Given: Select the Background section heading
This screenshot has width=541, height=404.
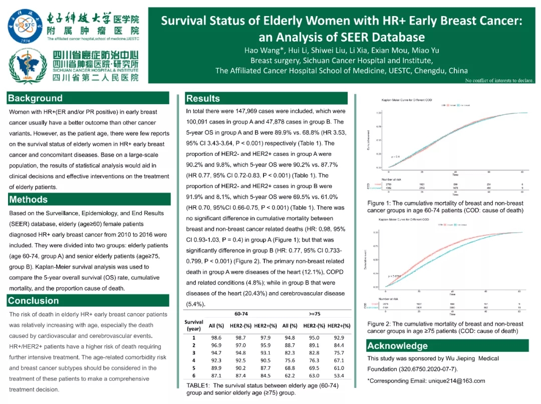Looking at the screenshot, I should (x=35, y=98).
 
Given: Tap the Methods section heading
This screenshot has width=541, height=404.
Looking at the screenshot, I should (x=28, y=199).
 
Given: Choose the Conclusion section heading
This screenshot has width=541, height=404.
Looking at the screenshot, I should (x=33, y=301).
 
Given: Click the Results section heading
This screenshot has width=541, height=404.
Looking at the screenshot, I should (x=203, y=98).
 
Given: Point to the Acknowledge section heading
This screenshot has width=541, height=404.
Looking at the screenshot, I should (x=397, y=346).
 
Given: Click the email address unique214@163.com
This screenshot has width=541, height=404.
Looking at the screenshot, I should (x=456, y=381).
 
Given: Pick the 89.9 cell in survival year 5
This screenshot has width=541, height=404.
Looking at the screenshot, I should (x=216, y=367).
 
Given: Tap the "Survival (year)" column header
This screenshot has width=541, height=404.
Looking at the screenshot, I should (x=194, y=325).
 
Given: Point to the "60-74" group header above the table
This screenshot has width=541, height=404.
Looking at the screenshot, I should (x=240, y=313).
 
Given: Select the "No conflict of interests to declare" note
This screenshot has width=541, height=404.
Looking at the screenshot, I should (x=499, y=80).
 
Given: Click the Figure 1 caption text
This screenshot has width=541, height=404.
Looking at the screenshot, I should (x=445, y=207).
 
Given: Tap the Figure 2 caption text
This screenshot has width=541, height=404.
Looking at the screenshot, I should (x=445, y=327).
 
